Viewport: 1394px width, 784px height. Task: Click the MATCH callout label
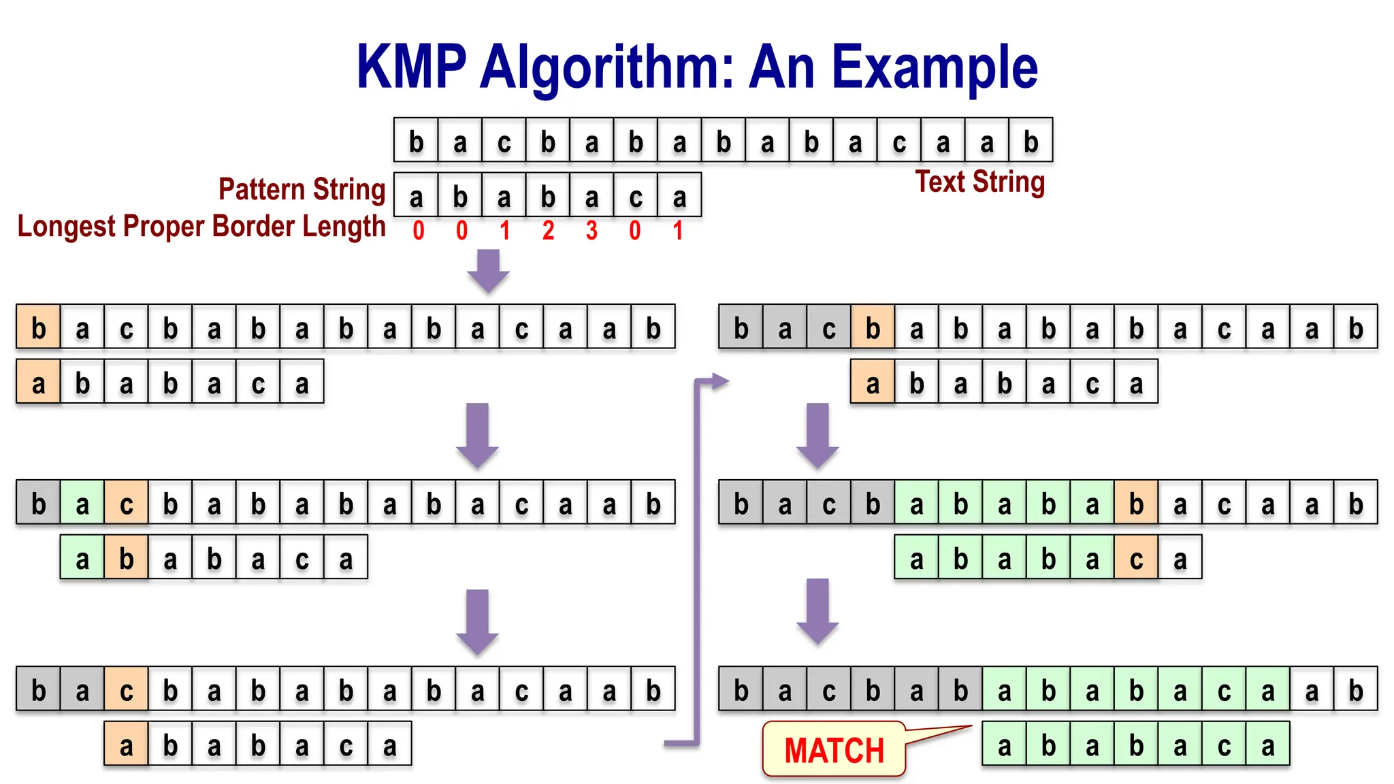pos(834,750)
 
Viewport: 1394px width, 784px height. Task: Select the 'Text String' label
pos(979,182)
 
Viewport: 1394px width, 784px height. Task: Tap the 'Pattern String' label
pos(302,189)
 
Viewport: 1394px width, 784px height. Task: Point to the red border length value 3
pos(591,231)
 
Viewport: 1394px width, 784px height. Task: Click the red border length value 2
pos(548,231)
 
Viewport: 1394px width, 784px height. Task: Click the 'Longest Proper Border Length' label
pos(201,227)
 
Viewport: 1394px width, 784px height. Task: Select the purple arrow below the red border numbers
pos(488,270)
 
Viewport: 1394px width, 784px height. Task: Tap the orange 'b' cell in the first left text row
pos(39,328)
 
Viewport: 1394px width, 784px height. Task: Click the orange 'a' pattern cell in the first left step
pos(39,383)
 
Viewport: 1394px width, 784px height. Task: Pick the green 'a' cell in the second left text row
pos(82,504)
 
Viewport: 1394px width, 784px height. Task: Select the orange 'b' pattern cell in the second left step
pos(126,558)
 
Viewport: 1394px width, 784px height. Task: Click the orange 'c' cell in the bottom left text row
pos(126,690)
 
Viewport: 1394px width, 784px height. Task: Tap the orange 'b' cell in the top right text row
pos(873,328)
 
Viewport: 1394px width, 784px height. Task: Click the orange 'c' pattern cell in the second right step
pos(1136,558)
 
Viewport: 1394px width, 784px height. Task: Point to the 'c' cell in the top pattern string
pos(635,197)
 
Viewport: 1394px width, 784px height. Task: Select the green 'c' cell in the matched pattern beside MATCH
pos(1224,745)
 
